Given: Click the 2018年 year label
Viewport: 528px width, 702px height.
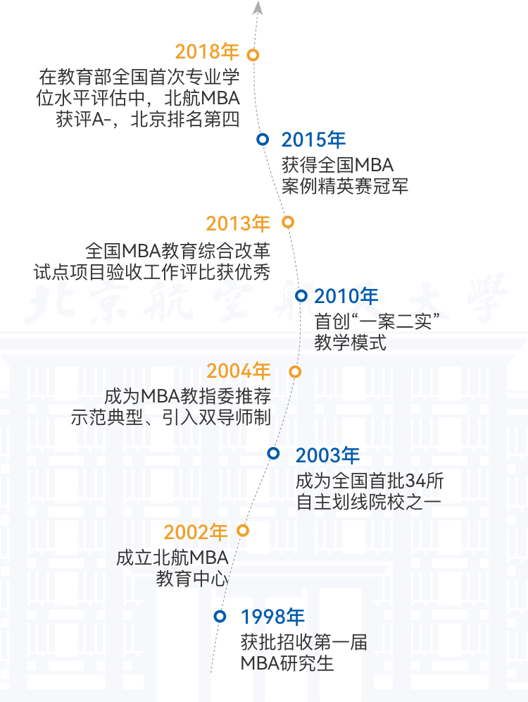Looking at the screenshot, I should coord(207,52).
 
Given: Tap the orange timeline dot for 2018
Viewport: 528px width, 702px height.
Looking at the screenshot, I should coord(253,54).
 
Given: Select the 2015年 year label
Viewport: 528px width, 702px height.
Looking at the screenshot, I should coord(313,140).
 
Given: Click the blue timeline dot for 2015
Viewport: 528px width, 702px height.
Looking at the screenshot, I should coord(263,140).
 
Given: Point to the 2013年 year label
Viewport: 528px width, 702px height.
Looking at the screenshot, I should coord(238,223).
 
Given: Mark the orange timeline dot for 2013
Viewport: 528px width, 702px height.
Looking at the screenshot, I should coord(287,222).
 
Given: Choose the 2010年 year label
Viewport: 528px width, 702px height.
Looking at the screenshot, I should coord(346,296).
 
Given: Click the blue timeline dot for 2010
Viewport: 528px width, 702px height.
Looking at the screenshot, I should coord(301,295).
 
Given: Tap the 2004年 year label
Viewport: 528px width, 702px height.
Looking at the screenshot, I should coord(239,371).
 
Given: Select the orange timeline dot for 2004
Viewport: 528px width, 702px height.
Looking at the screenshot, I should coord(295,371).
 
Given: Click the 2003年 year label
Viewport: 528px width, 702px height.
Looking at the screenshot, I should coord(327,455).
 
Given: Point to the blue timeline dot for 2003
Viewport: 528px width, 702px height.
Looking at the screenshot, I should coord(274,453).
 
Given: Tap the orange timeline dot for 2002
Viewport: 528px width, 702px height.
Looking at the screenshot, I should coord(243,530).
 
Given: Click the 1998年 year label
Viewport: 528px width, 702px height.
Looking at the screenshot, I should coord(272,617).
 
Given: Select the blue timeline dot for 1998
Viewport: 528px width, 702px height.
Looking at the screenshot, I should coord(220,616).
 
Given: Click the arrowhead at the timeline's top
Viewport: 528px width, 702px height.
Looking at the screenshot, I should coord(258,8).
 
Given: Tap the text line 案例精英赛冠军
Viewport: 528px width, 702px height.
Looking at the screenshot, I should coord(345,186).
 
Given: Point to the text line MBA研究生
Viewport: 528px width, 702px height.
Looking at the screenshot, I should coord(287,663).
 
